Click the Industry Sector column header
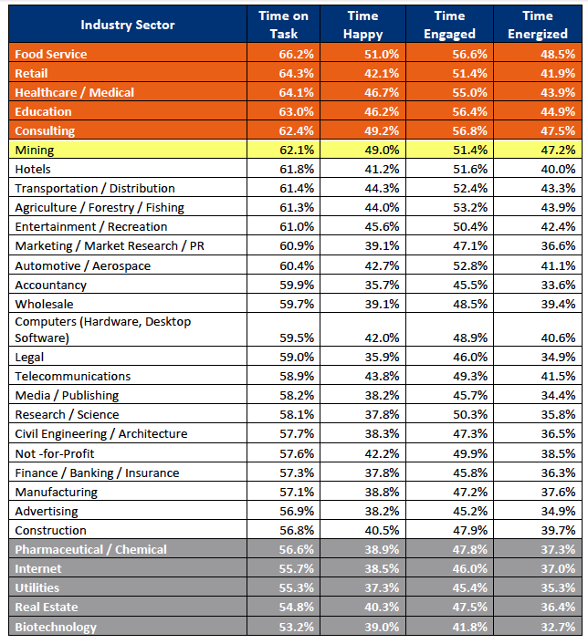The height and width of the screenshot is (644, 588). click(x=128, y=25)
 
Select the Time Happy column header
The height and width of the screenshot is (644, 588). click(x=363, y=25)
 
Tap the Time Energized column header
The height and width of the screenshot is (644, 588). click(x=538, y=25)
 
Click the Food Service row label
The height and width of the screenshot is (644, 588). click(x=51, y=54)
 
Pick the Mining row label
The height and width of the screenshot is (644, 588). click(x=35, y=150)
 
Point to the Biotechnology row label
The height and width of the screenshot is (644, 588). click(x=56, y=627)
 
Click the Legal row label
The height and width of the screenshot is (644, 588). click(x=29, y=358)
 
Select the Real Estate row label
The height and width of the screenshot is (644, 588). click(x=47, y=607)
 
